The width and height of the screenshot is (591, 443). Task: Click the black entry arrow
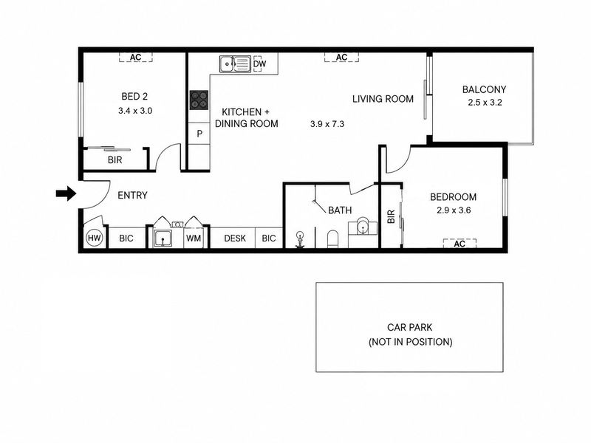pos(66,193)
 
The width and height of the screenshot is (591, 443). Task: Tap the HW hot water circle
pos(94,238)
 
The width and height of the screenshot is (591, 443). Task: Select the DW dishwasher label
pos(260,63)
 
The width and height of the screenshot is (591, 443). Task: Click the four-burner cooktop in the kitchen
pos(199,100)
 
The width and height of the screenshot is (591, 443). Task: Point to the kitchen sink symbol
pos(235,64)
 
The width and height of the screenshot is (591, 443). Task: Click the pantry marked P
pos(199,134)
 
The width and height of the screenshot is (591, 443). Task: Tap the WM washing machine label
pos(194,238)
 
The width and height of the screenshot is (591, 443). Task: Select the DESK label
pos(235,238)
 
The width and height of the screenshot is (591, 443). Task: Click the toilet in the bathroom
pos(333,238)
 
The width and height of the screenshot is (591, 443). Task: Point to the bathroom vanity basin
pos(363,226)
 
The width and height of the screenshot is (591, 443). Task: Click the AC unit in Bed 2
pos(136,58)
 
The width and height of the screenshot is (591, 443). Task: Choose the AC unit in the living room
pos(341,58)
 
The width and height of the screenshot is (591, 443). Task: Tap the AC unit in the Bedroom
pos(460,244)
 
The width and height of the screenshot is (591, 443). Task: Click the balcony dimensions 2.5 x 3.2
pos(485,103)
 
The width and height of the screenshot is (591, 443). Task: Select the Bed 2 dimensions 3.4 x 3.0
pos(135,111)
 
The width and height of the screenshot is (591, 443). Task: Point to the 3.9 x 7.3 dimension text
pos(327,124)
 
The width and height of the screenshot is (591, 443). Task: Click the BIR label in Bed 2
pos(115,160)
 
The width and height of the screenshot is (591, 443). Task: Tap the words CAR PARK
pos(410,327)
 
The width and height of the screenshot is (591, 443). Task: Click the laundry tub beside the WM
pos(163,238)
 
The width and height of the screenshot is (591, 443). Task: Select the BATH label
pos(340,210)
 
